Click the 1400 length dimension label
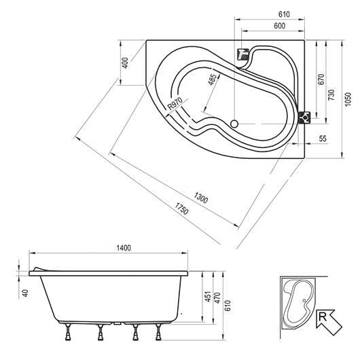click(124, 248)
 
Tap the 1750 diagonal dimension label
click(181, 209)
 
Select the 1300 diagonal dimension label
click(201, 198)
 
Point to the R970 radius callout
click(175, 103)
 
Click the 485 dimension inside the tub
click(212, 79)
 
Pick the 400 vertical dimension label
click(125, 62)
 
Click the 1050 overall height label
click(348, 99)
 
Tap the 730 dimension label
click(331, 95)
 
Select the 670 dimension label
click(321, 79)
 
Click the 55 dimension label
click(323, 139)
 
